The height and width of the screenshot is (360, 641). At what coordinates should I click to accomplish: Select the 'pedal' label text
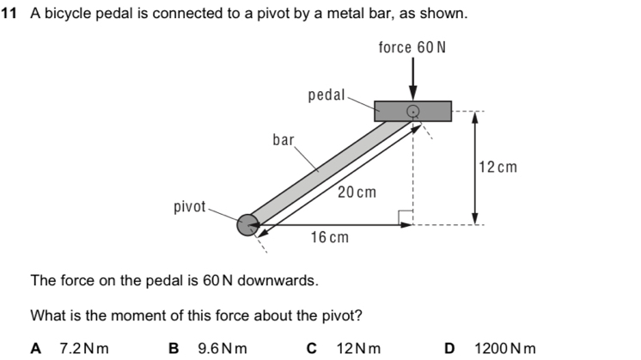[326, 95]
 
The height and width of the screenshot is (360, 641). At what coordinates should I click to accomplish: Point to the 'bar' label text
[284, 138]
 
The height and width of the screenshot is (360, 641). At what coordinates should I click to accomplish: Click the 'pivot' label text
[190, 207]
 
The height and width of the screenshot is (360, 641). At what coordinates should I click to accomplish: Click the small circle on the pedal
[413, 111]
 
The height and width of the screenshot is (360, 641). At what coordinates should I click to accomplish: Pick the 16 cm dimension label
[329, 236]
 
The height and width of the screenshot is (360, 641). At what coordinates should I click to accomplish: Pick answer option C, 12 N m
[347, 348]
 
